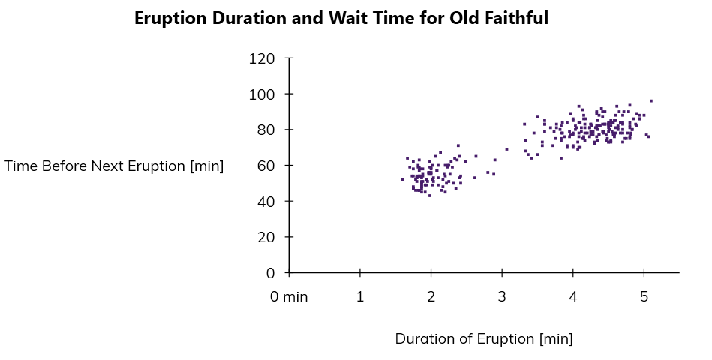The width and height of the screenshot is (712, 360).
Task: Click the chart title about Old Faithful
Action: [x=341, y=19]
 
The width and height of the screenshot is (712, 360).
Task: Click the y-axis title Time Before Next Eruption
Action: [x=114, y=166]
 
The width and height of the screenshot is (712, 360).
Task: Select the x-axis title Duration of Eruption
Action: [x=484, y=339]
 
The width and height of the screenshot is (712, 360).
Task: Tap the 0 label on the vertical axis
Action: [x=269, y=273]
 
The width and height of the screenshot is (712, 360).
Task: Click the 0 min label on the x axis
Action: [x=290, y=296]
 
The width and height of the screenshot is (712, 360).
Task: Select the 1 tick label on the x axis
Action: [x=360, y=296]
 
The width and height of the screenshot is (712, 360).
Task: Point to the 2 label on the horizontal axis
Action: [x=431, y=296]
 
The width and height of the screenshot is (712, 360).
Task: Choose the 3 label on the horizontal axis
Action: [x=502, y=296]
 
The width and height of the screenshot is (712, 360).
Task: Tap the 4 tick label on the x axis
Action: [x=573, y=296]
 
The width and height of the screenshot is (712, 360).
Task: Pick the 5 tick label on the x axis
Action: [x=644, y=296]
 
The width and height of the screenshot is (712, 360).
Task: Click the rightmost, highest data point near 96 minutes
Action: [x=651, y=100]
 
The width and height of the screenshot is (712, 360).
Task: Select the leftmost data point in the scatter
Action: [x=402, y=179]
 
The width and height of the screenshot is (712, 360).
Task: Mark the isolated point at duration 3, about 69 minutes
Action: [x=506, y=149]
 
